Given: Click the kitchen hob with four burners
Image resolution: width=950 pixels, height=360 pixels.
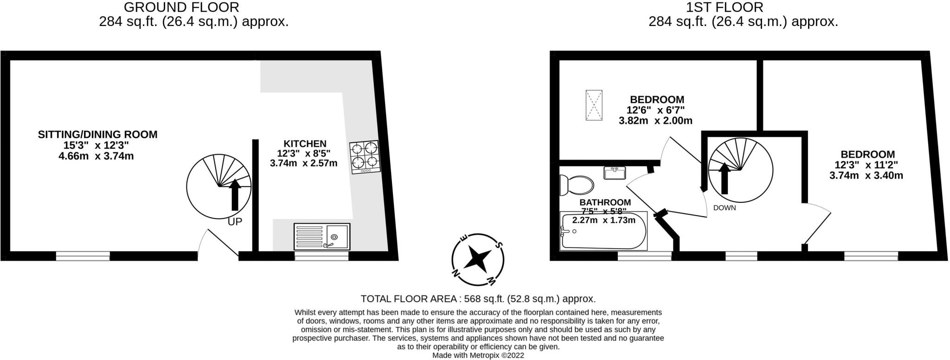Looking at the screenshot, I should coord(365,157).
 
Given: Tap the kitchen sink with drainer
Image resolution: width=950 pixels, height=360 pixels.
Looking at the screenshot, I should coord(322,237).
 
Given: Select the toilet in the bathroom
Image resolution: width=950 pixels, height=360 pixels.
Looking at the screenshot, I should coord(576,185).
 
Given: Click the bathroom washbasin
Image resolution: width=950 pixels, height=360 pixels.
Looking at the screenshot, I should coord(615,173).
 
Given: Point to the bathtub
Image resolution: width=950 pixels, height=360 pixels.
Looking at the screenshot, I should coord(603,231).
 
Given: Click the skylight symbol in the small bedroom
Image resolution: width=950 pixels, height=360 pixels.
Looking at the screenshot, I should coord(594,105).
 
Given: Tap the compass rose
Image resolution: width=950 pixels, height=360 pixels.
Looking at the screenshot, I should coord(478,258).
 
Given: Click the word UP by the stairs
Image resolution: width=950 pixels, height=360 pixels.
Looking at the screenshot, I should coord(235,222).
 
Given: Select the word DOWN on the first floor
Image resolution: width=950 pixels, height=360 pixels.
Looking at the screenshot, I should coord(725,208).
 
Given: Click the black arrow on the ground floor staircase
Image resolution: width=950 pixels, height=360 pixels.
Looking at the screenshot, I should coord(235,194).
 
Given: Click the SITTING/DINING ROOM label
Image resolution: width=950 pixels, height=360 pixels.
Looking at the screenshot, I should coord(97,135).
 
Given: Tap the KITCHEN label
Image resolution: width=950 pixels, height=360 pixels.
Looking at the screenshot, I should coord(305,144).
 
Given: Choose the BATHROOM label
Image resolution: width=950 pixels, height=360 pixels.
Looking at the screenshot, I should coord(605,202).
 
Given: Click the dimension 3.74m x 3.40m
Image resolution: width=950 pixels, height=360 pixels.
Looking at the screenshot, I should coord(866,176).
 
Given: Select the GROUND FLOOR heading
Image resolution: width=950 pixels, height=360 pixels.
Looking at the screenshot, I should coord(181,7).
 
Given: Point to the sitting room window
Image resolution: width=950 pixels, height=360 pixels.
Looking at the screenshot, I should coord(83,255).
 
